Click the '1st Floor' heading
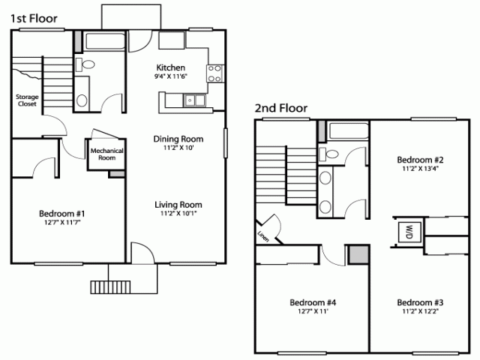[34, 19]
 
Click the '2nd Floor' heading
[281, 108]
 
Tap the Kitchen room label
[171, 67]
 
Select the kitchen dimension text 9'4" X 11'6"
[171, 76]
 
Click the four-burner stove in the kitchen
[215, 73]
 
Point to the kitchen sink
[194, 100]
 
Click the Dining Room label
[178, 139]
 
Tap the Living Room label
[178, 205]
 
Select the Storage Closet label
[27, 100]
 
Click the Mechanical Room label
[106, 154]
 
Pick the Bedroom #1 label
[61, 213]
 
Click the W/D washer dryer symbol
[409, 232]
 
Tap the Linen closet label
[263, 236]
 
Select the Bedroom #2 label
[420, 160]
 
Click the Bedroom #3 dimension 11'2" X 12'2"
[420, 312]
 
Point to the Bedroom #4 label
[313, 302]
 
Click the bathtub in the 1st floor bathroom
[105, 41]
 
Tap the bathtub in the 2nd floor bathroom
[348, 131]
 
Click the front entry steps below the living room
[110, 287]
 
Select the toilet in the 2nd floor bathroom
[328, 154]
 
